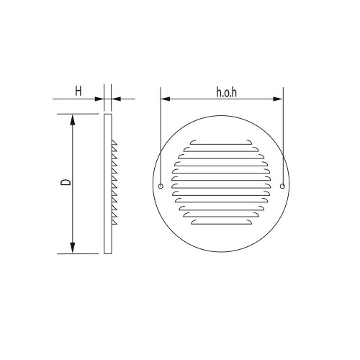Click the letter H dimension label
(78, 91)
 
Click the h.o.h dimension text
(226, 92)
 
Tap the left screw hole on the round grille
(161, 186)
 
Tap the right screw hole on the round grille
(282, 186)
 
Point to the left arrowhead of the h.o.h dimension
(166, 99)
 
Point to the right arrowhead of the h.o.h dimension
(278, 99)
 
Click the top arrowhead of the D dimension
(73, 120)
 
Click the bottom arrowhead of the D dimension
(73, 248)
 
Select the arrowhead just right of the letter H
(99, 99)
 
